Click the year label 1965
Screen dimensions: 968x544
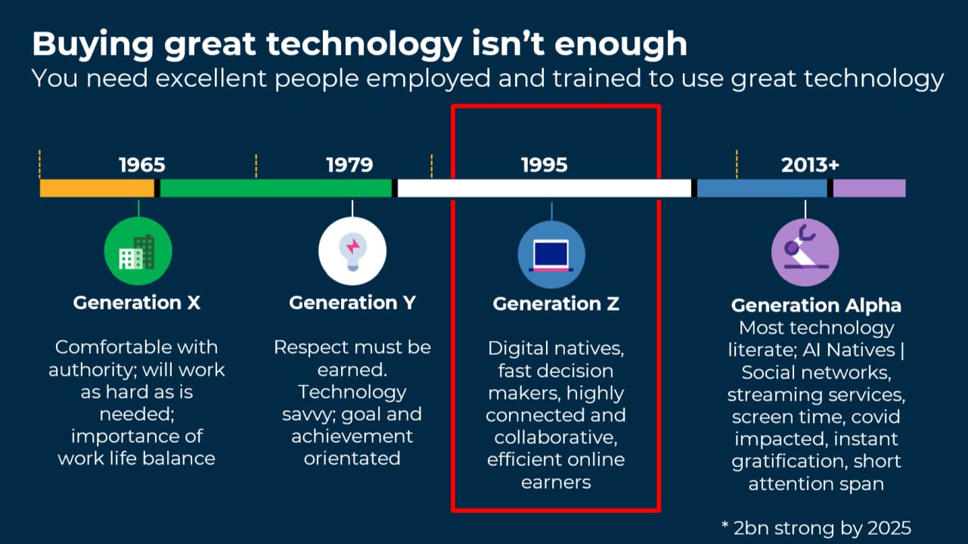[142, 165]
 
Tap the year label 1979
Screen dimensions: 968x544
[349, 165]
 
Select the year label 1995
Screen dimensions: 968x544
[544, 165]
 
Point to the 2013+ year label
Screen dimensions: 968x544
[810, 165]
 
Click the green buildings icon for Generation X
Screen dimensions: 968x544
[138, 251]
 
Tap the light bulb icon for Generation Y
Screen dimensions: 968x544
[352, 251]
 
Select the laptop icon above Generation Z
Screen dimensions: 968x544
[551, 255]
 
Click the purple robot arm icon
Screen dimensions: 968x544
[805, 253]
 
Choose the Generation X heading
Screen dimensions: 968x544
[137, 303]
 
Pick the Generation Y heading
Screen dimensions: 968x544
[352, 303]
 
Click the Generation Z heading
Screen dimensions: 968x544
[556, 303]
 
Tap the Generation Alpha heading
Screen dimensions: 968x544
[816, 306]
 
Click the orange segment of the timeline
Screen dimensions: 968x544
[97, 188]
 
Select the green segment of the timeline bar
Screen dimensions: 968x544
[276, 188]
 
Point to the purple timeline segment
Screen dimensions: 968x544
[870, 188]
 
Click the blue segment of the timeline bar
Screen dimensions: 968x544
[762, 188]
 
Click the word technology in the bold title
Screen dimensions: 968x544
[364, 45]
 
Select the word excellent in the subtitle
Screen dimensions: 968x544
[211, 79]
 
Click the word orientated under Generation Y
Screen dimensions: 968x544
[352, 459]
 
